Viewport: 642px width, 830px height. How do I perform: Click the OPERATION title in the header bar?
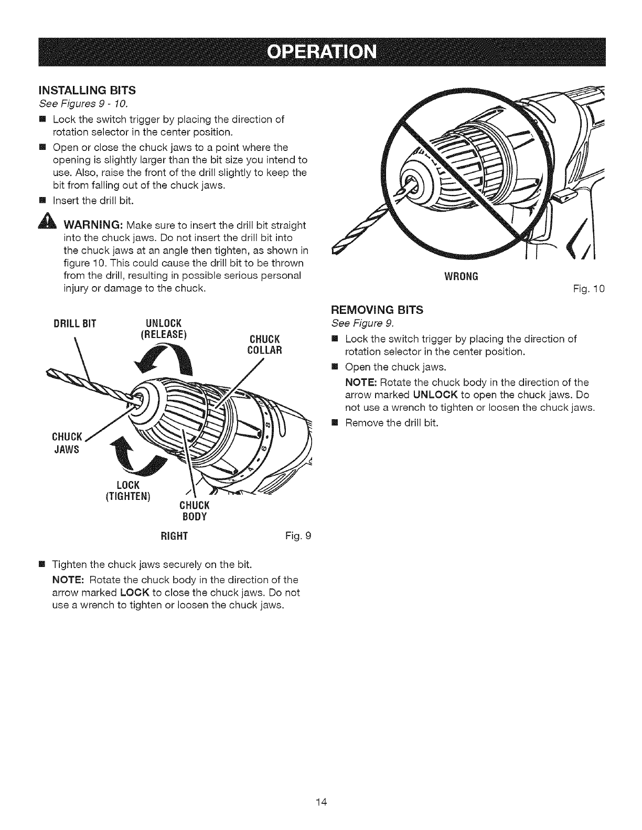[322, 53]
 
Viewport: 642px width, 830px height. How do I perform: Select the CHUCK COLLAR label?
[264, 344]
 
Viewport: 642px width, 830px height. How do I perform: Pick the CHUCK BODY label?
[194, 511]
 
